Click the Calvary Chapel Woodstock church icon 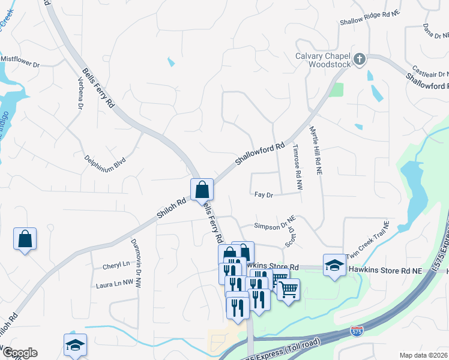click(x=360, y=58)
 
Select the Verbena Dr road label click(x=79, y=93)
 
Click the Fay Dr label click(x=264, y=195)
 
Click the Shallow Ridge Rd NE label click(x=364, y=21)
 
